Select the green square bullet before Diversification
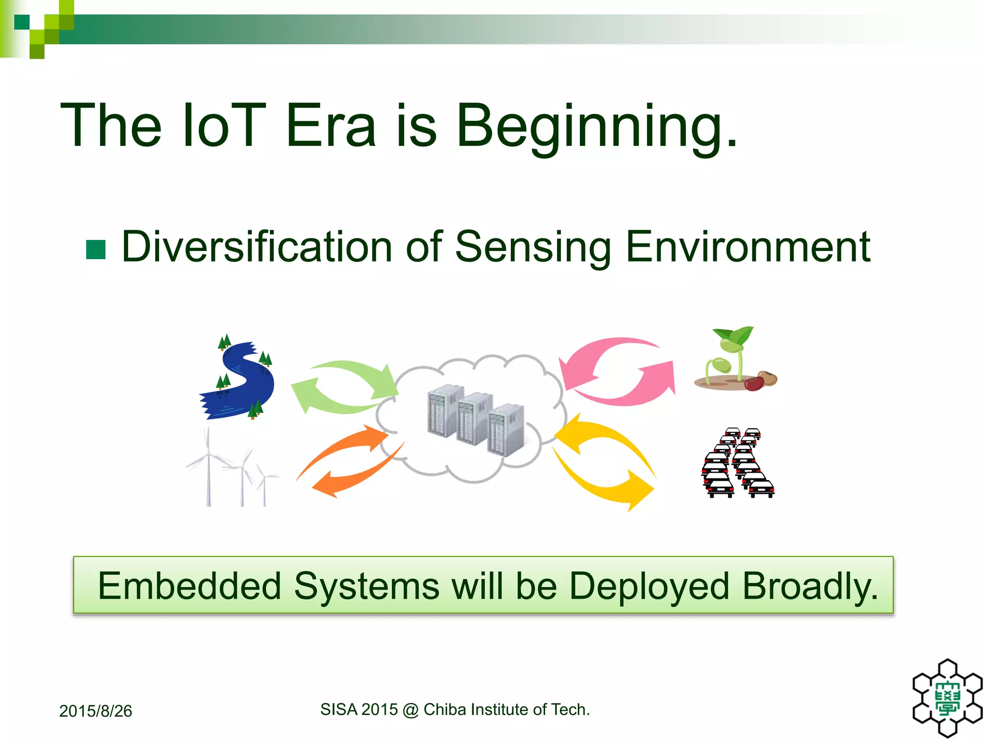coord(96,250)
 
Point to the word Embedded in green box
coord(189,586)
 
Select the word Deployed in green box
coord(649,586)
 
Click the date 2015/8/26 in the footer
coord(95,711)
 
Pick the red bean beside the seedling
coord(754,384)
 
